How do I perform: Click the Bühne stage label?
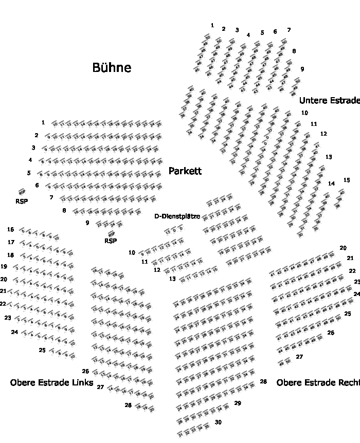(112, 67)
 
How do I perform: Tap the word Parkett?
(185, 171)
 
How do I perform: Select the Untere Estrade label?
(329, 100)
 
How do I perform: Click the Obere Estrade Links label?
(51, 382)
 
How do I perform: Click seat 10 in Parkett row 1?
(55, 124)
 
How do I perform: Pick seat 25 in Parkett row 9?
(120, 224)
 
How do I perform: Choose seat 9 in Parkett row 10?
(142, 253)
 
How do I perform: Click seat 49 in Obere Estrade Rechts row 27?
(281, 363)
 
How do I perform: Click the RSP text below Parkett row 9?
(111, 241)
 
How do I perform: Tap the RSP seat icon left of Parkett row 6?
(22, 192)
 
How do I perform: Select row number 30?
(218, 422)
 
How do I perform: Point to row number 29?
(238, 403)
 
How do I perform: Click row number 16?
(11, 229)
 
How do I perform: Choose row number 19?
(4, 267)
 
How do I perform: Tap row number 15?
(347, 180)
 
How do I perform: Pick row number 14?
(332, 183)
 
